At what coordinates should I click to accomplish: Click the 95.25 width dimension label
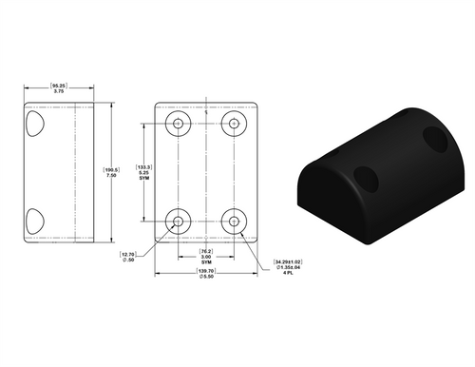(59, 85)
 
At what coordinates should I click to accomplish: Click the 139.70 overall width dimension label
(205, 272)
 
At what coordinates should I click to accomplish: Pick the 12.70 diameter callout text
(128, 255)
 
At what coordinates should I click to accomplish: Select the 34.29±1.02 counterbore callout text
(288, 261)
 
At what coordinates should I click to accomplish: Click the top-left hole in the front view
(178, 125)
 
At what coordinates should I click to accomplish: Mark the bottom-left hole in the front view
(178, 222)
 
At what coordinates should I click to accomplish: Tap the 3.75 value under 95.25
(59, 91)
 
